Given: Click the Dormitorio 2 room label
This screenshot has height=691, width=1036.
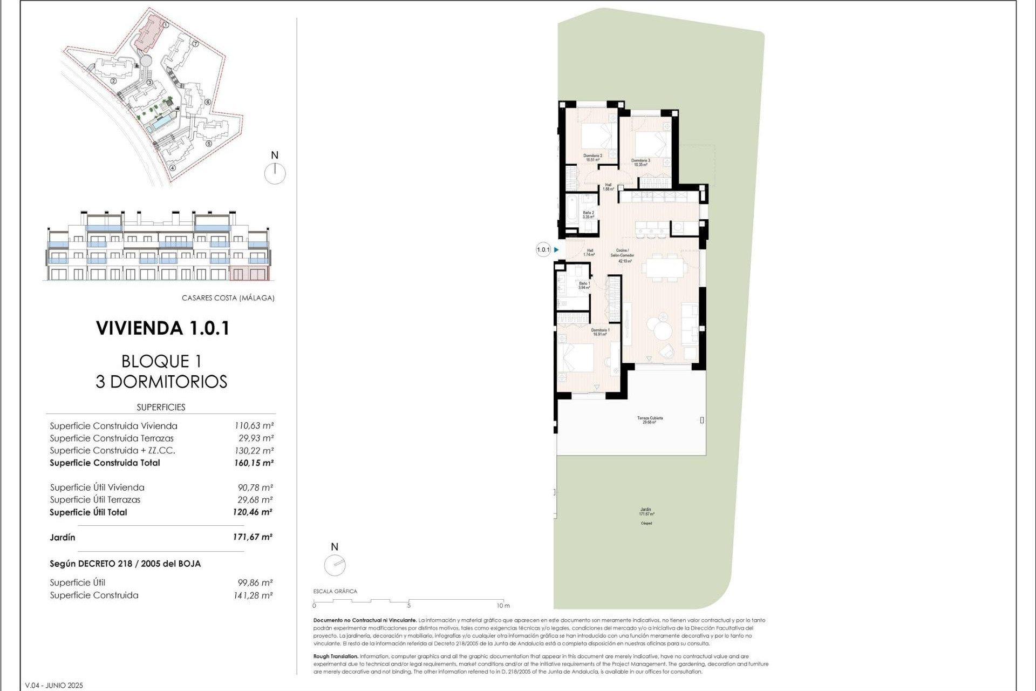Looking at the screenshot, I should [592, 158].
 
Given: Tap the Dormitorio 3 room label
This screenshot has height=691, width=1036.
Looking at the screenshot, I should [640, 162].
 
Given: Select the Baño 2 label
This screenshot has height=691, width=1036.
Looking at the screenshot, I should [588, 215].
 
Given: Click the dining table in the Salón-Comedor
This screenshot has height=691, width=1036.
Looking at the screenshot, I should [664, 268].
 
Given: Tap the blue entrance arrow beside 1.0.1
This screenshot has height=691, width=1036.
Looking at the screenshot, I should [556, 250].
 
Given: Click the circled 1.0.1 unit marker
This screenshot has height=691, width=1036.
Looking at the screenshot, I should [543, 250].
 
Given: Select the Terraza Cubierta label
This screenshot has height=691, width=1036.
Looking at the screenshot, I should [650, 420].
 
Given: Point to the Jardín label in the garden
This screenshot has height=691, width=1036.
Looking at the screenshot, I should [646, 511].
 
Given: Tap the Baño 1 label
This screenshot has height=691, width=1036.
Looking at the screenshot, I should [584, 286].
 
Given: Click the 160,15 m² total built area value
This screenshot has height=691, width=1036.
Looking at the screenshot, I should [253, 463].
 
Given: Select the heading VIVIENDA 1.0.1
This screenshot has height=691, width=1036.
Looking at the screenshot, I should [162, 328].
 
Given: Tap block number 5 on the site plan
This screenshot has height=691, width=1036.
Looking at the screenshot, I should [209, 144].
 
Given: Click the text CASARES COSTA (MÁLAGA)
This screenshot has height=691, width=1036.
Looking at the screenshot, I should [228, 298].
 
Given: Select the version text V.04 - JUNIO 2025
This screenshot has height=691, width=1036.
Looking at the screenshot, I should [54, 686].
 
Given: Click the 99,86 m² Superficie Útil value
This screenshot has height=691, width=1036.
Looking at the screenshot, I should [255, 583].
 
